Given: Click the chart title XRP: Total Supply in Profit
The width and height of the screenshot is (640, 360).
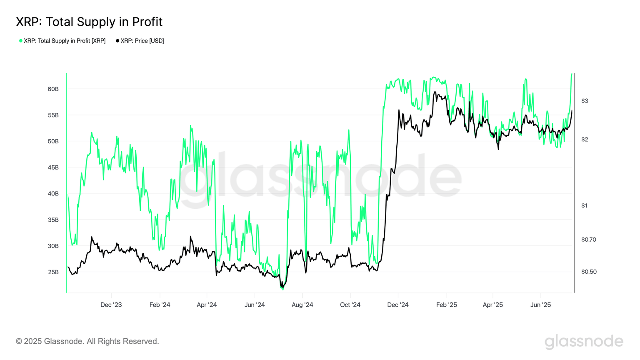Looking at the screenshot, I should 89,22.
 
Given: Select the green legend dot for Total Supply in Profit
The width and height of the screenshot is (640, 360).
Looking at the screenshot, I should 21,41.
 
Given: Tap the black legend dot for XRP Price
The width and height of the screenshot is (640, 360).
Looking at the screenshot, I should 117,41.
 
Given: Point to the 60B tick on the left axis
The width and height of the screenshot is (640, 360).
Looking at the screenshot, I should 53,89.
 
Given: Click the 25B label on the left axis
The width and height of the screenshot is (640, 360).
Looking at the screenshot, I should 53,272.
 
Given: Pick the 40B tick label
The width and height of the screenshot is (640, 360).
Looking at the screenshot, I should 53,194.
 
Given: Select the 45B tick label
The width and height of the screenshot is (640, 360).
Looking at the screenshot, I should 53,167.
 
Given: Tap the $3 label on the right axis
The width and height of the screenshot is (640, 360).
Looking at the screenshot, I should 585,101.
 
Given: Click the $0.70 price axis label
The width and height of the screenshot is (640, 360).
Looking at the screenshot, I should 588,240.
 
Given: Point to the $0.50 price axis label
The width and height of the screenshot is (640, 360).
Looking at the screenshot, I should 588,272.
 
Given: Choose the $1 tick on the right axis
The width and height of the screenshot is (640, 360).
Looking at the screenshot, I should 584,205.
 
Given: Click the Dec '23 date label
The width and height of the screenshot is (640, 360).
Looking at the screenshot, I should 111,305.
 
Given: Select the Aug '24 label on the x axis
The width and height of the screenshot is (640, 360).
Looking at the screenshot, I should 302,305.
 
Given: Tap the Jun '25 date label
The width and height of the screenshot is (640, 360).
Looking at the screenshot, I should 540,305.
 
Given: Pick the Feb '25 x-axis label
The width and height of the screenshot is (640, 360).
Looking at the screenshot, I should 446,305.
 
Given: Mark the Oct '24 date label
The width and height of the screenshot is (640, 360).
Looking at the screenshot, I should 350,305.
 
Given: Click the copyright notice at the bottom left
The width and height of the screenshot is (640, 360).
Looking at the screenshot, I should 87,341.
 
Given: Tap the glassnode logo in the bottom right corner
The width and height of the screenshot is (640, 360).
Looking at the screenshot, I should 584,341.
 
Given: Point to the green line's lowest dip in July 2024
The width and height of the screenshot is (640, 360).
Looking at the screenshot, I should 283,289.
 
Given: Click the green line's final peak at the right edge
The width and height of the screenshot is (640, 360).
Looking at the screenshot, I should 572,74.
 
